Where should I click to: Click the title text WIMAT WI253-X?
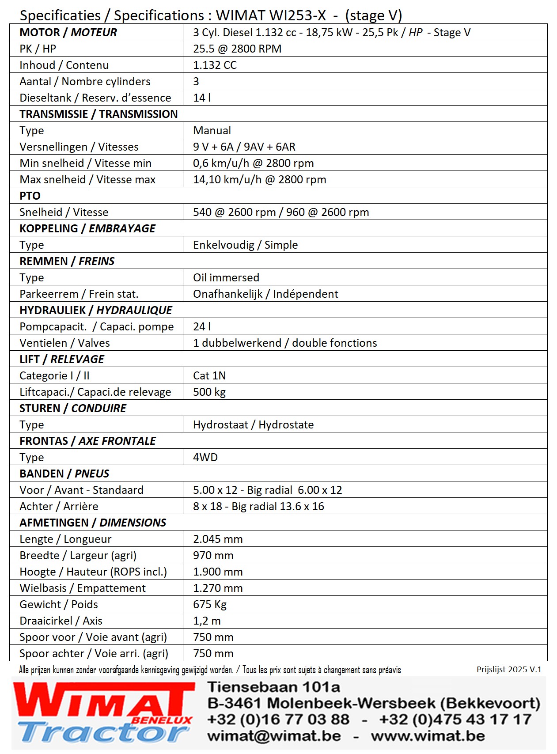coord(271,15)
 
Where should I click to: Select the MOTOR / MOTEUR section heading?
coord(68,32)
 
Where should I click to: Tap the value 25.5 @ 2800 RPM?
coord(237,49)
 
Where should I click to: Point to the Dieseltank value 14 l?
coord(202,98)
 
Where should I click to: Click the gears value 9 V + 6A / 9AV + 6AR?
coord(244,147)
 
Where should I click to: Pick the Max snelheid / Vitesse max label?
coord(87,179)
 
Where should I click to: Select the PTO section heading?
coord(30,196)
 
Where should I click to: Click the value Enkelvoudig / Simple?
coord(245,245)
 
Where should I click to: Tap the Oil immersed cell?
coord(226,277)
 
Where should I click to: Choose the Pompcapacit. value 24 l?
coord(202,326)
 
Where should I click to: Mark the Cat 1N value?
coord(209,375)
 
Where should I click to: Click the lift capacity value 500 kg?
coord(209,392)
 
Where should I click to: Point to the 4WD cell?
coord(205,457)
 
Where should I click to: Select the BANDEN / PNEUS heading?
coord(64,474)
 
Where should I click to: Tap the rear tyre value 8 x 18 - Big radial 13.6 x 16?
coord(258,506)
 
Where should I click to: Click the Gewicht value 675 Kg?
coord(210,604)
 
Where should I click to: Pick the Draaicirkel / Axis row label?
coord(61,621)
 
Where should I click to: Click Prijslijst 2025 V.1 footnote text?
coord(509,670)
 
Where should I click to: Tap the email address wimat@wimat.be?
coord(274,736)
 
